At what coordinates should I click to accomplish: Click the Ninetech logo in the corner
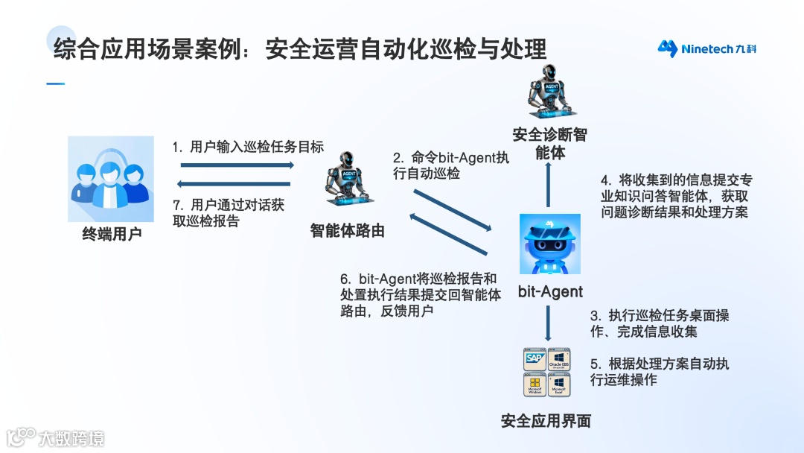pyautogui.click(x=706, y=49)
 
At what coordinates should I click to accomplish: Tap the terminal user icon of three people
pyautogui.click(x=111, y=179)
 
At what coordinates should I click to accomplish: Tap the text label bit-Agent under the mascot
pyautogui.click(x=550, y=292)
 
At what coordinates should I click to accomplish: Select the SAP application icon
pyautogui.click(x=535, y=359)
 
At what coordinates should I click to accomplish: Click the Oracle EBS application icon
pyautogui.click(x=559, y=359)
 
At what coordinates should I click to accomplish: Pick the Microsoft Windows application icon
pyautogui.click(x=535, y=384)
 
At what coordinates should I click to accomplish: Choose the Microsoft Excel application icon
pyautogui.click(x=559, y=384)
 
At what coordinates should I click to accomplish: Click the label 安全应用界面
pyautogui.click(x=546, y=421)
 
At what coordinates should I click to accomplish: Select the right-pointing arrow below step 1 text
pyautogui.click(x=234, y=165)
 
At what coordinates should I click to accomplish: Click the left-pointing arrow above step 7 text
pyautogui.click(x=234, y=184)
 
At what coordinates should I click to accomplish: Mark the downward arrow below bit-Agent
pyautogui.click(x=549, y=323)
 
